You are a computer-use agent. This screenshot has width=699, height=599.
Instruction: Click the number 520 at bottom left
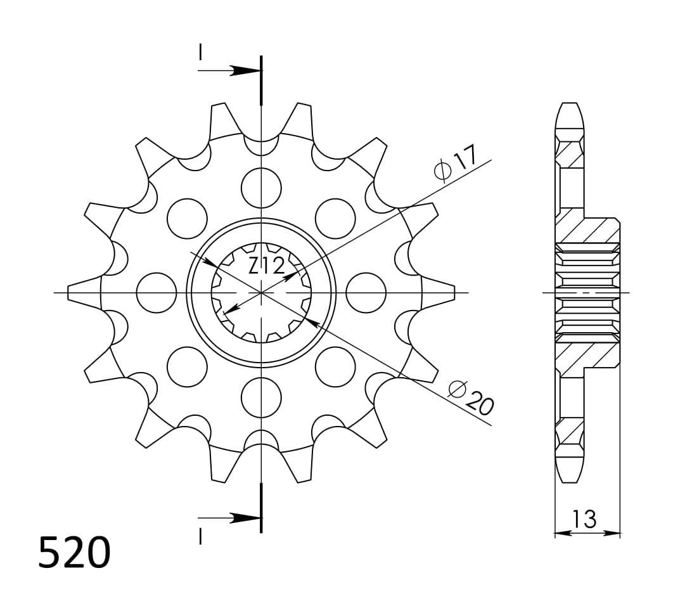tap(74, 552)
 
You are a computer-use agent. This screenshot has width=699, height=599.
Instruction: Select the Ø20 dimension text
tap(470, 399)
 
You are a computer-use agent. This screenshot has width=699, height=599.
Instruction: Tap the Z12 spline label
tap(266, 267)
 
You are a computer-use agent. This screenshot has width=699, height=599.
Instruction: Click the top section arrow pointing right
tap(241, 70)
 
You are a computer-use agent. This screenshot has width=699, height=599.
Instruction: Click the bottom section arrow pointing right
tap(241, 518)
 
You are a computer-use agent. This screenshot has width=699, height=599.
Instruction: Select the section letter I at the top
tap(200, 52)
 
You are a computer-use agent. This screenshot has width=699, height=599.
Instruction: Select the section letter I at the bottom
tap(200, 537)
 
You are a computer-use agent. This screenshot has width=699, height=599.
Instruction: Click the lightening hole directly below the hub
tap(261, 397)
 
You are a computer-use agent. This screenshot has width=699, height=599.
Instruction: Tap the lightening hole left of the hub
tap(156, 293)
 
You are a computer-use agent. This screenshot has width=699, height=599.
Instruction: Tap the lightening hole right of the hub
tap(366, 293)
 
